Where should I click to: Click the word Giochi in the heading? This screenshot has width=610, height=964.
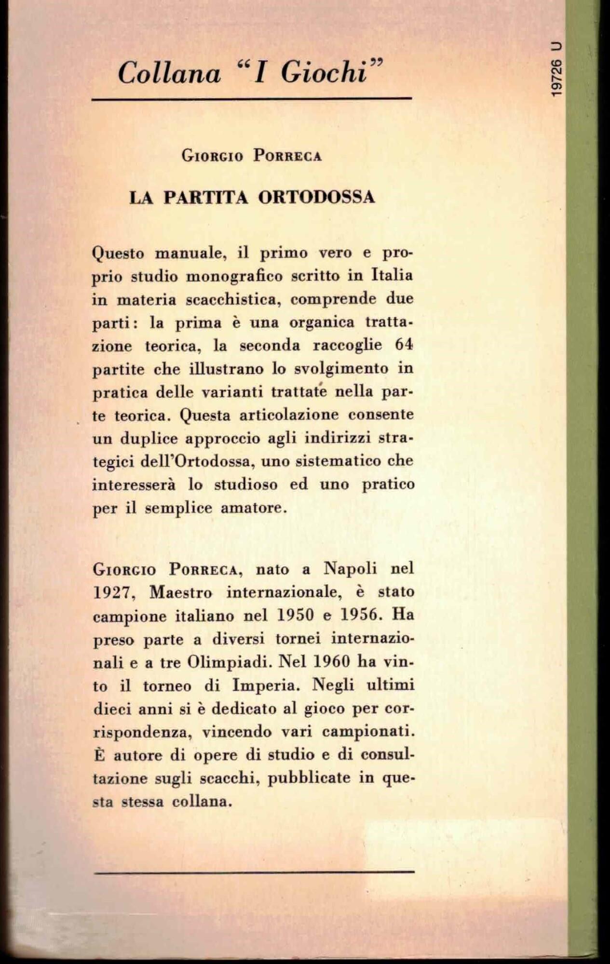[x=324, y=73]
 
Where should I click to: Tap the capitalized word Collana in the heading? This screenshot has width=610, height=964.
[x=169, y=74]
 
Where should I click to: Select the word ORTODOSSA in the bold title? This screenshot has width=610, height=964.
[x=316, y=197]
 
